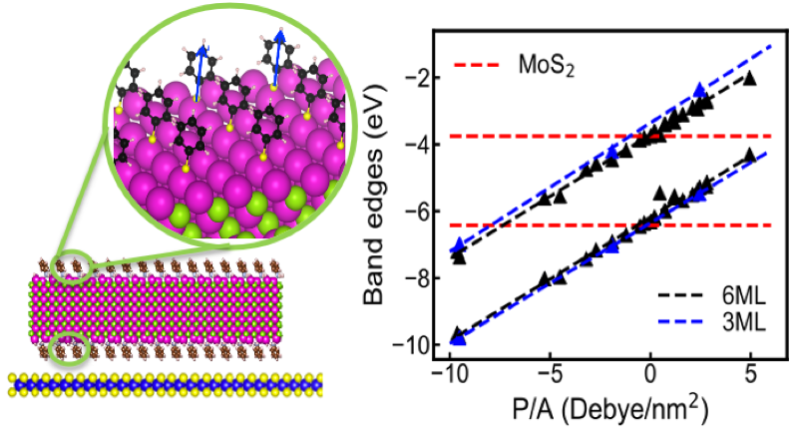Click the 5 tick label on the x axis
click(749, 382)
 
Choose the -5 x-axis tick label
click(548, 382)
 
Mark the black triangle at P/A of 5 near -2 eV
click(750, 78)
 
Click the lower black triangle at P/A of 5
click(750, 155)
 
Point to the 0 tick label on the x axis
click(650, 382)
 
